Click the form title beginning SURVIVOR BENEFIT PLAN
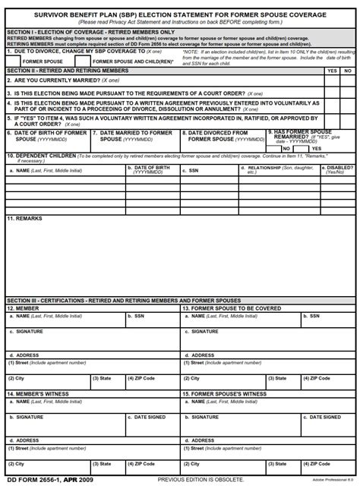click(x=180, y=14)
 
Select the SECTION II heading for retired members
click(x=68, y=71)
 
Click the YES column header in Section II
click(x=331, y=71)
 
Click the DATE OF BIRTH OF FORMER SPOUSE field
click(x=46, y=136)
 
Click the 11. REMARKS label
click(x=25, y=219)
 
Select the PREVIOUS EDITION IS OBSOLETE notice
click(x=201, y=480)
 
